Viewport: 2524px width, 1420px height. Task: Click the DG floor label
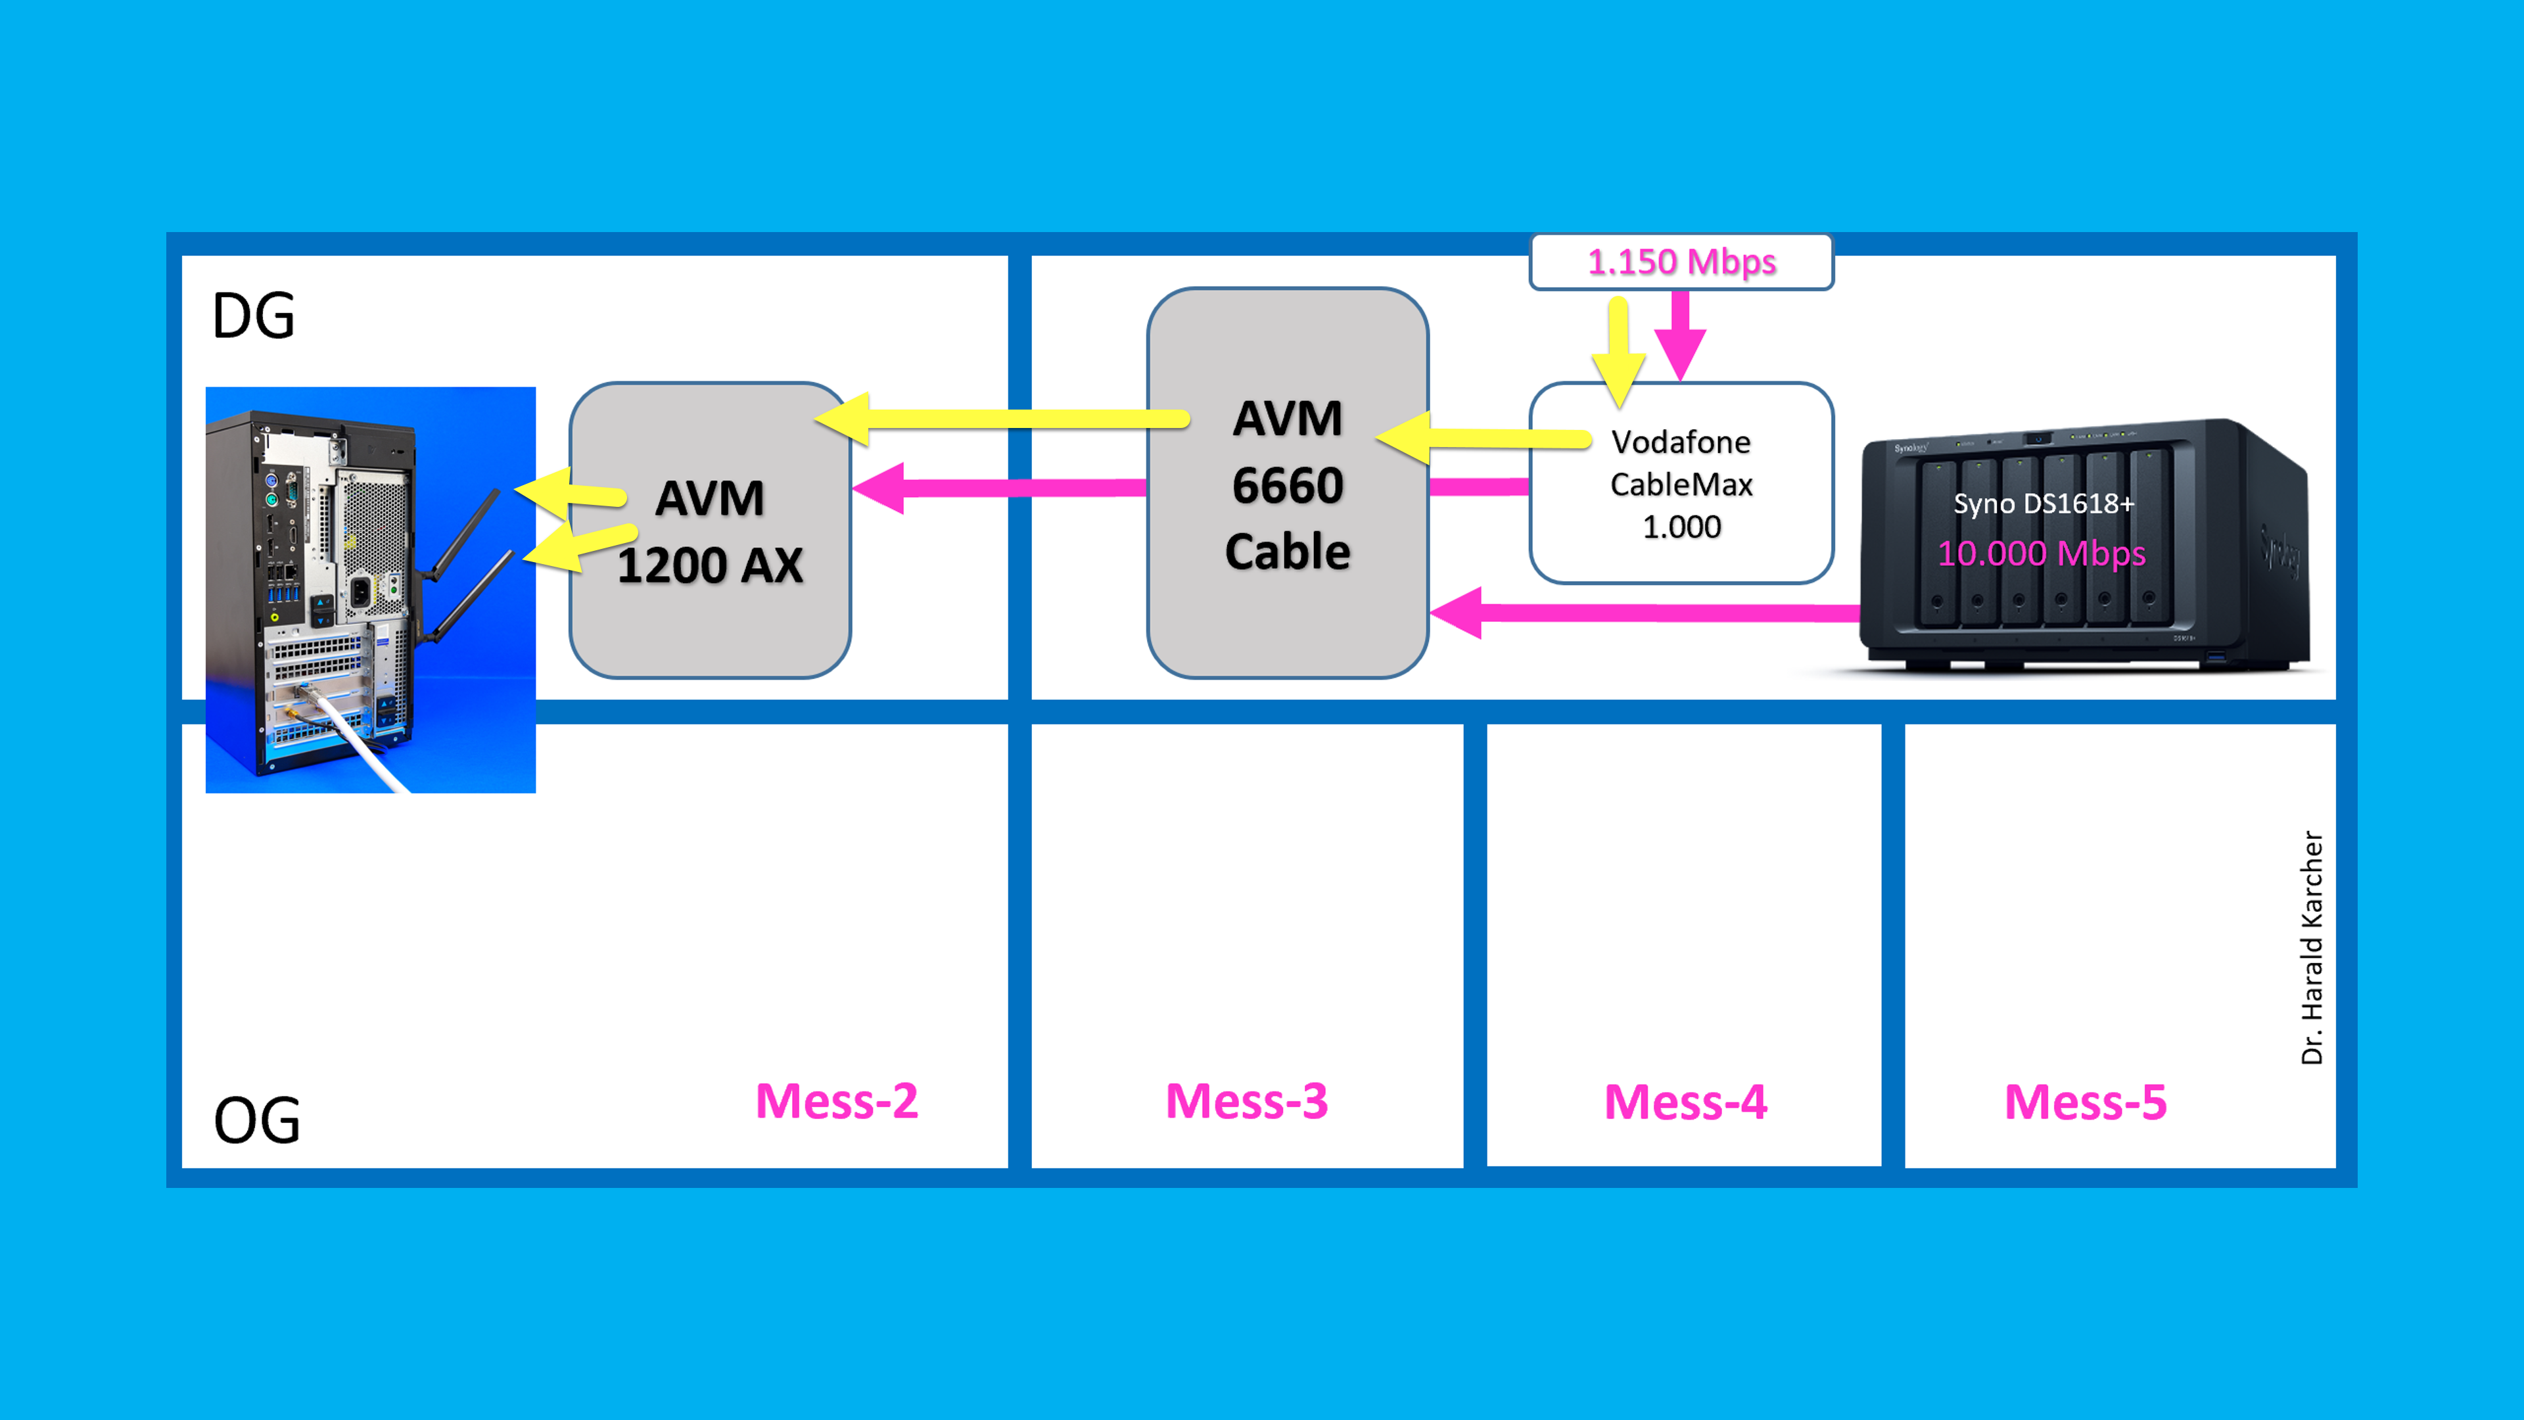(x=254, y=316)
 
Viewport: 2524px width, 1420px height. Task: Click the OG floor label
(x=257, y=1120)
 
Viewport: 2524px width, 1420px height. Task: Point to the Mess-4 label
(x=1685, y=1102)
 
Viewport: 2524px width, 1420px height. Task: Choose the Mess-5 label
(x=2085, y=1102)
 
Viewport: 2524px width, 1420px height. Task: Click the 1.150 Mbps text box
(x=1681, y=262)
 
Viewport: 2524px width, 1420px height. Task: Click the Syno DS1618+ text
(x=2043, y=504)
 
